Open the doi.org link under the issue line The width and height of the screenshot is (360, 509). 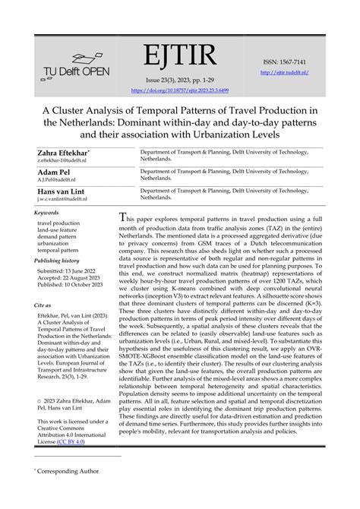[179, 89]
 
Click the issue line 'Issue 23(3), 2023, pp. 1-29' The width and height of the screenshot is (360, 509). [179, 79]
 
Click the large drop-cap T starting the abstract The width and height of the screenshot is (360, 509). [125, 218]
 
